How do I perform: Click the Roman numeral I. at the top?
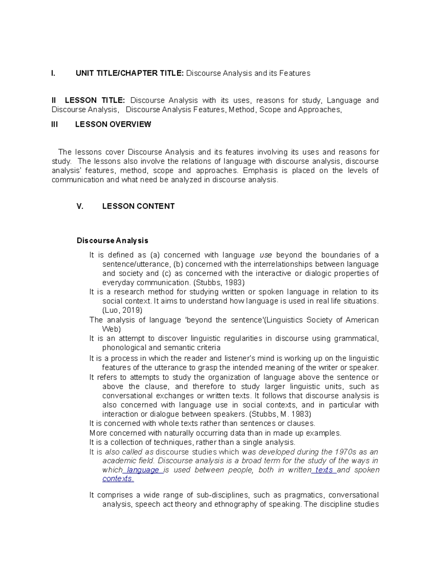53,73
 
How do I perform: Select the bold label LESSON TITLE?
95,100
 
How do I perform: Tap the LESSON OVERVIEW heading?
113,124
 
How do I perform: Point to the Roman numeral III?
55,124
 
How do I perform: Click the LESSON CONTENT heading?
138,206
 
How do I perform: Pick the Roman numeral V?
80,206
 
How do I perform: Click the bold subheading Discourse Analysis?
112,241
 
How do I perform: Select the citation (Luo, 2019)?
122,310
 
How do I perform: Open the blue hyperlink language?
143,470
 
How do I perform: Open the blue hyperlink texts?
324,470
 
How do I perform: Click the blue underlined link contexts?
118,479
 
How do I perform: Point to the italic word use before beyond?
266,255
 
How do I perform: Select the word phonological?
124,348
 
